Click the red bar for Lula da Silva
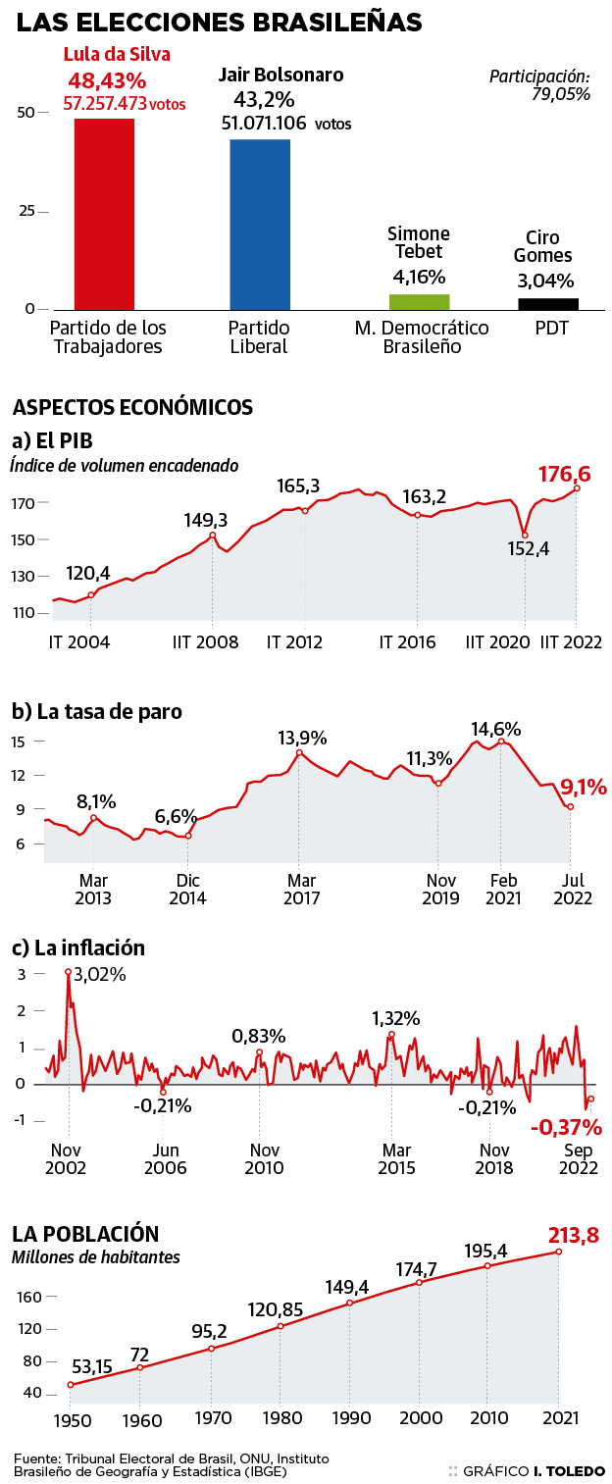[x=104, y=213]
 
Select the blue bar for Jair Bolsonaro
[x=260, y=224]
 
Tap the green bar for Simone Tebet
[x=420, y=301]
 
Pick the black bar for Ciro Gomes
[x=548, y=303]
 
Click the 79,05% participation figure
[x=561, y=95]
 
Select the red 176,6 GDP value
[x=571, y=475]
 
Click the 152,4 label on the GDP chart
[x=530, y=549]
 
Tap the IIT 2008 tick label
[x=206, y=642]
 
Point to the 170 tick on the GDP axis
[x=24, y=503]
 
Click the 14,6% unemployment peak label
[x=495, y=730]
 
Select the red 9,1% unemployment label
[x=584, y=787]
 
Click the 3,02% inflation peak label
[x=100, y=975]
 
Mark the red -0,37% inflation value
[x=566, y=1128]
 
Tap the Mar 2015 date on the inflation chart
[x=396, y=1158]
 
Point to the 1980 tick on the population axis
[x=280, y=1419]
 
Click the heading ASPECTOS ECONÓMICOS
[x=132, y=406]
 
